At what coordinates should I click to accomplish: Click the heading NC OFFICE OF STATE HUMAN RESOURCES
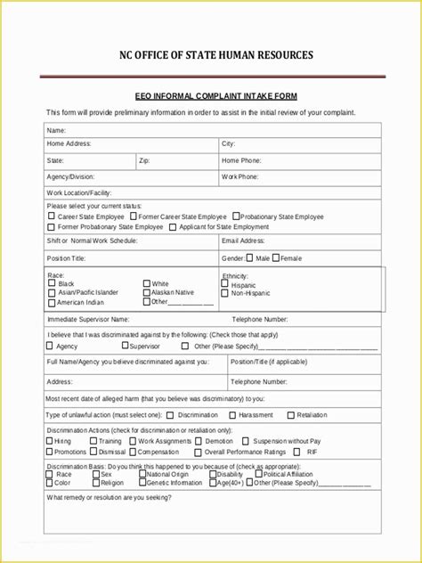pos(211,56)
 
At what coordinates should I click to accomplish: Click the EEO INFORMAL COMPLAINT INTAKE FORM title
pos(210,95)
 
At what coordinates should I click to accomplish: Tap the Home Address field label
pos(69,143)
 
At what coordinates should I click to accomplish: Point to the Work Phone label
pos(240,177)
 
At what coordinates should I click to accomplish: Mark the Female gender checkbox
pos(276,257)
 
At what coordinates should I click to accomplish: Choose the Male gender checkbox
pos(250,257)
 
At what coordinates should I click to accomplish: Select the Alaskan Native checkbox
pos(146,292)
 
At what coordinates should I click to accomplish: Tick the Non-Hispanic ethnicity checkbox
pos(225,292)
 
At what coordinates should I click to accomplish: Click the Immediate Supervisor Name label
pos(88,318)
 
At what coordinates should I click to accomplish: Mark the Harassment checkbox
pos(232,414)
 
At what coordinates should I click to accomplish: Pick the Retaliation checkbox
pos(291,414)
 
